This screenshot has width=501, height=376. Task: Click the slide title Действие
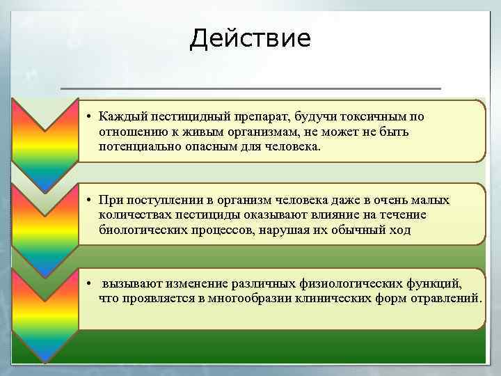coord(250,38)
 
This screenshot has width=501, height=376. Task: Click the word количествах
coord(134,215)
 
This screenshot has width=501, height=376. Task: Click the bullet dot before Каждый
coord(90,117)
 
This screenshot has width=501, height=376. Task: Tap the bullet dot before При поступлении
coord(90,201)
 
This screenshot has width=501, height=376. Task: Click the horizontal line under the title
coord(250,88)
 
